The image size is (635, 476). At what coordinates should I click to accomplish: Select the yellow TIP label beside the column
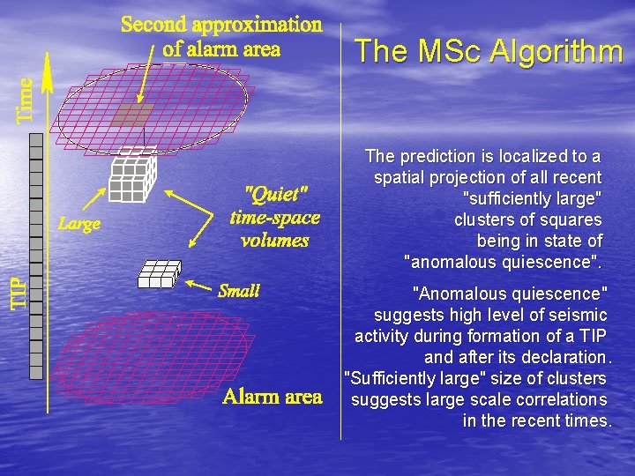coord(19,292)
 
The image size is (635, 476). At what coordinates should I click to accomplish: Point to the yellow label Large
coord(79,224)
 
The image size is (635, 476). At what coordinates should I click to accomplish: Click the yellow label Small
coord(238,291)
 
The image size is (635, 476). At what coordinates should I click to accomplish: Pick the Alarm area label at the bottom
coord(272,397)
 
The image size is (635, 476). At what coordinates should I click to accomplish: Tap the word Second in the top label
coord(154,25)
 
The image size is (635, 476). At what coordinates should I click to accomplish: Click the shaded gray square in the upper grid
coord(135,114)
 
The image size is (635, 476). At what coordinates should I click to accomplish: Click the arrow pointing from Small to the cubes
coord(200,286)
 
